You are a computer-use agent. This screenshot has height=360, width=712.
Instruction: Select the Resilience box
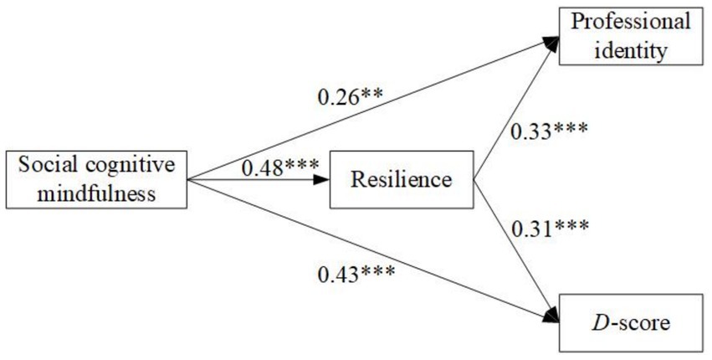coord(403,178)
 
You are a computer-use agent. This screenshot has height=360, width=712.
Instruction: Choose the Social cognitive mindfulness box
coord(95,178)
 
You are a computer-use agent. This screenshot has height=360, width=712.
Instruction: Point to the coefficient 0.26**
coord(350,96)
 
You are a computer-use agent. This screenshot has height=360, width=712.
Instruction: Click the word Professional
coord(631,23)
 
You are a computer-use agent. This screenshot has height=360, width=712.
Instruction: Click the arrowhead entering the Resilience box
coord(322,178)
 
